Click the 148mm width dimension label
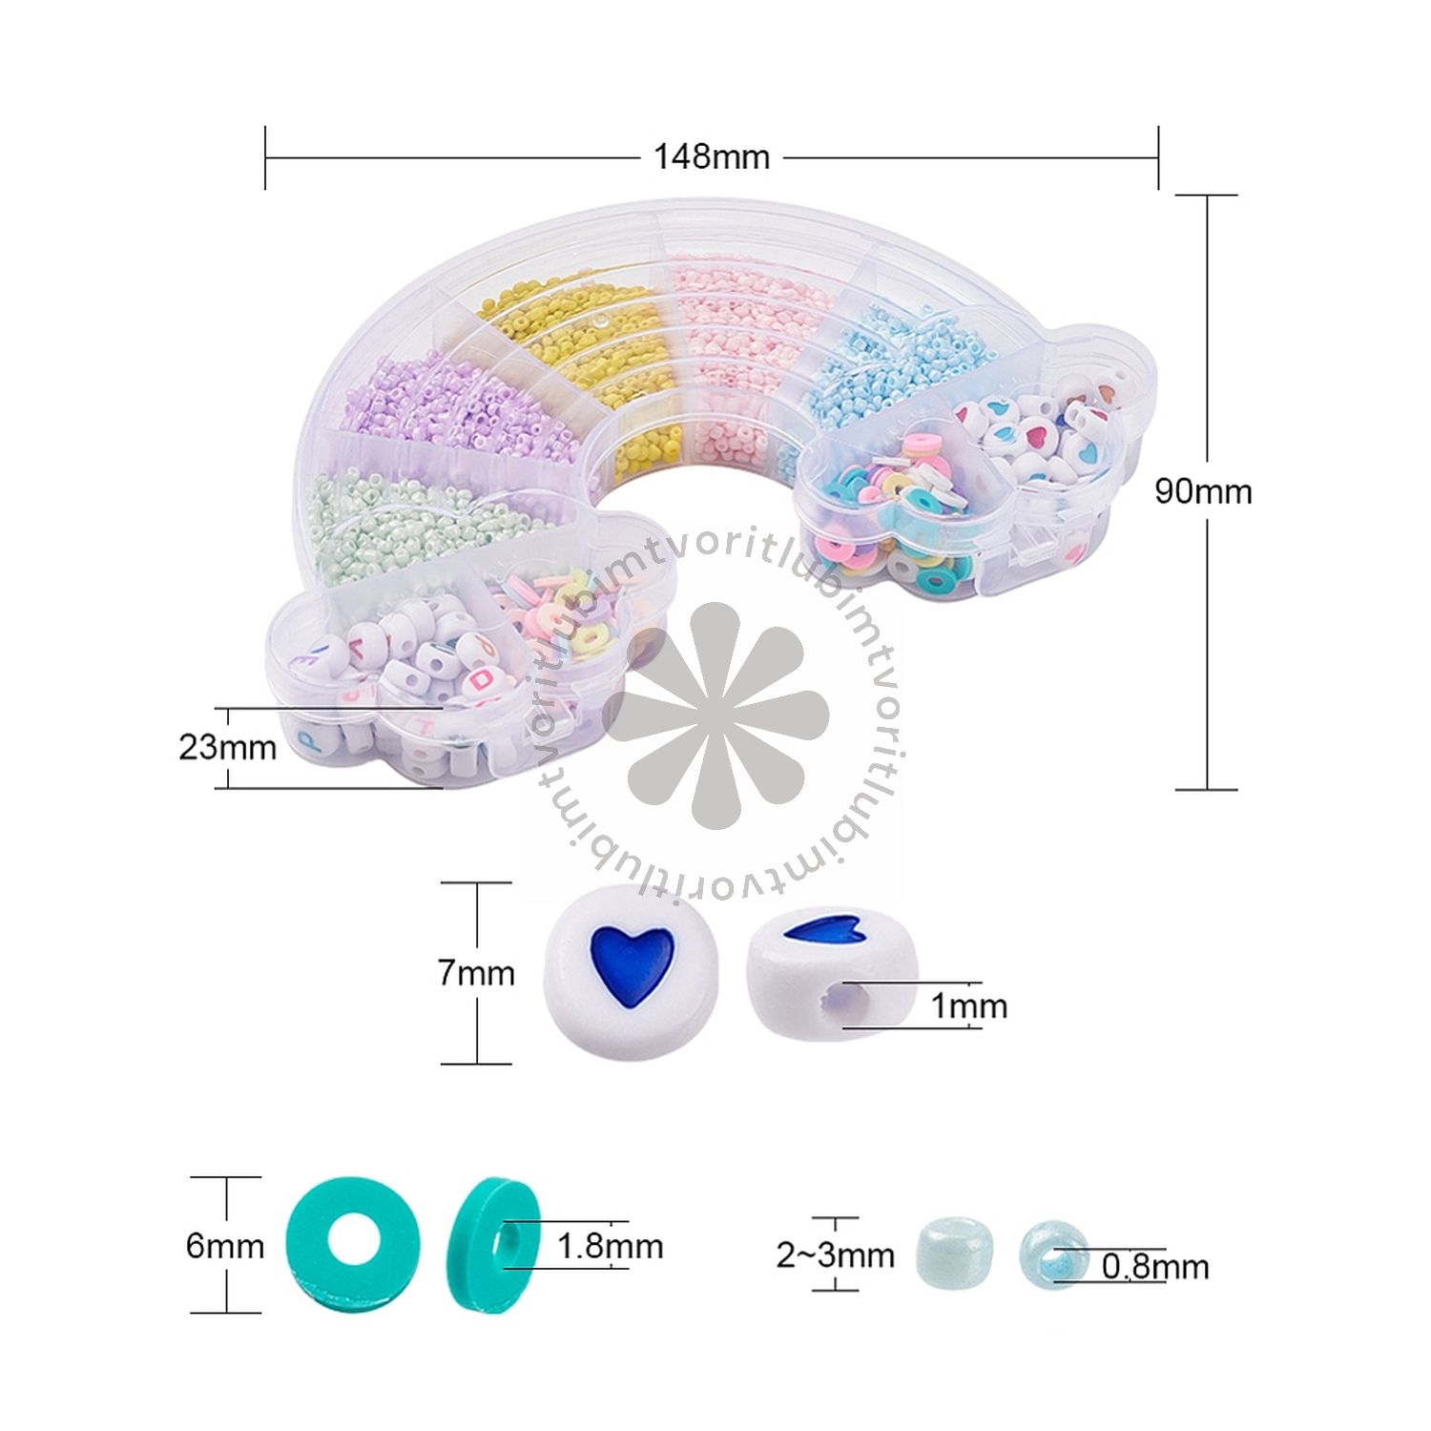point(711,156)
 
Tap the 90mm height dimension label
point(1203,491)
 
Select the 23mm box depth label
point(227,746)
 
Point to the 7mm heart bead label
point(476,973)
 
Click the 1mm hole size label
point(968,1006)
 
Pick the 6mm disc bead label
point(225,1245)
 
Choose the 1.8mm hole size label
point(610,1246)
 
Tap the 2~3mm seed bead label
point(836,1255)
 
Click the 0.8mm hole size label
point(1155,1267)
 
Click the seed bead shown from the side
point(956,1256)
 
